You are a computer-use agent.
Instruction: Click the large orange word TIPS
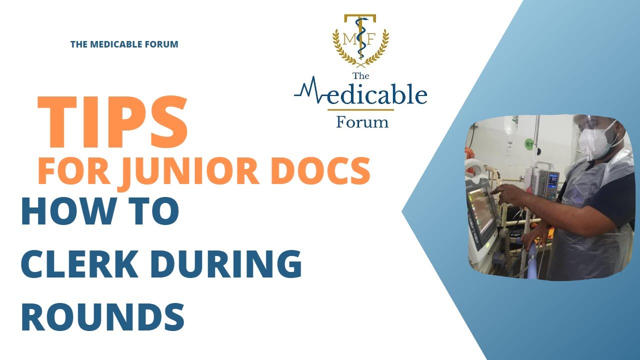pyautogui.click(x=112, y=122)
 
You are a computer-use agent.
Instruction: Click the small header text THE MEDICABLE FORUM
pyautogui.click(x=124, y=44)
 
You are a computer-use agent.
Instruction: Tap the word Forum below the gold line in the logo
pyautogui.click(x=362, y=121)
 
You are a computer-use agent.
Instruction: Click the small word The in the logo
pyautogui.click(x=360, y=76)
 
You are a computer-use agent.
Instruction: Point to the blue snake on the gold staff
pyautogui.click(x=360, y=35)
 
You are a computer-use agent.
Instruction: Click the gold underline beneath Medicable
pyautogui.click(x=360, y=109)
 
